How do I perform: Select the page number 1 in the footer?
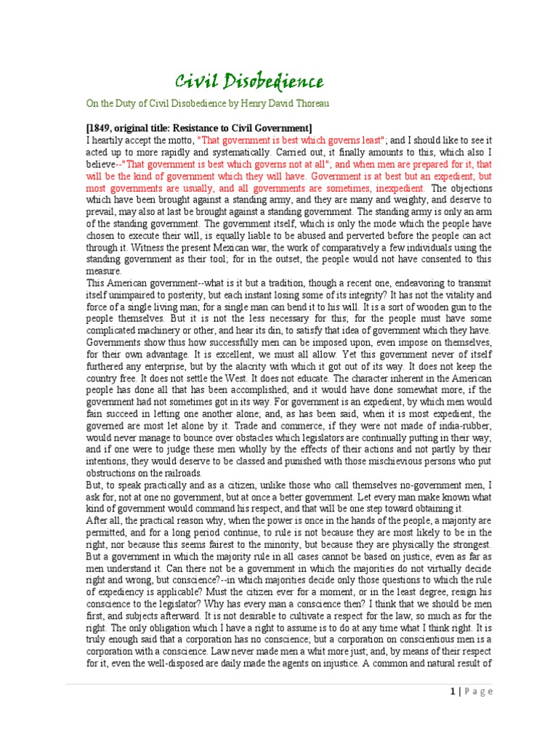click(451, 691)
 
